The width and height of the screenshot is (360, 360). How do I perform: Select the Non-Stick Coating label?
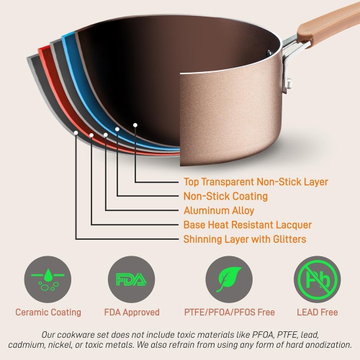(225, 196)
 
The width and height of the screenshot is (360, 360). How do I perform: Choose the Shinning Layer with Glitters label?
(245, 239)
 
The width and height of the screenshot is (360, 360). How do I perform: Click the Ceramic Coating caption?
(48, 312)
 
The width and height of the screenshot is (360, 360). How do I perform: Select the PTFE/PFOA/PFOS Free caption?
(229, 312)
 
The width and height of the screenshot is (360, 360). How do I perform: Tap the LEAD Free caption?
(318, 312)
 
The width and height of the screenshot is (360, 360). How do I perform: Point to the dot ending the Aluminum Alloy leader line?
(105, 135)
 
